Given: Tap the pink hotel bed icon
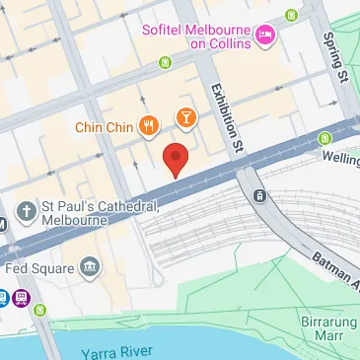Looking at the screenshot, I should [x=265, y=36].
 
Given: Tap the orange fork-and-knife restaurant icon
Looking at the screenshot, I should [x=149, y=124].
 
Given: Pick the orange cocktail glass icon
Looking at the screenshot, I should [x=183, y=120].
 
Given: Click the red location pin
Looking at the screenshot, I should [x=175, y=159].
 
